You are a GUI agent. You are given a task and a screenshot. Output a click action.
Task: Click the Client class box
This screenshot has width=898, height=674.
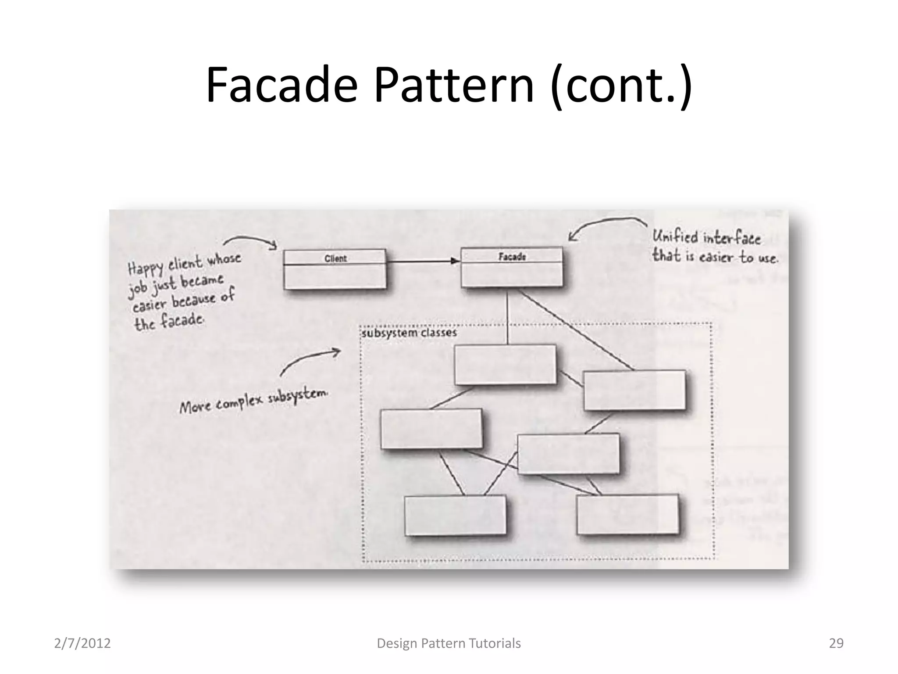tap(335, 269)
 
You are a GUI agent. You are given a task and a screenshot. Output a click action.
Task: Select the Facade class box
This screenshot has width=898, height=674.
tap(512, 267)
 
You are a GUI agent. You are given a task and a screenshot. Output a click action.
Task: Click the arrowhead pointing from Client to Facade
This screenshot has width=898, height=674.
tap(455, 261)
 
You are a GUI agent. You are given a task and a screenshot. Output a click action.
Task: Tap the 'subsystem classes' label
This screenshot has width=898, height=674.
tap(409, 333)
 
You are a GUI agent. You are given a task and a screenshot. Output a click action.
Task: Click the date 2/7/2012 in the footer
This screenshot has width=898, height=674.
tap(82, 643)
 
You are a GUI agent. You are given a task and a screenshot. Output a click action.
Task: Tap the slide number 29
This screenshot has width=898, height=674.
tap(836, 643)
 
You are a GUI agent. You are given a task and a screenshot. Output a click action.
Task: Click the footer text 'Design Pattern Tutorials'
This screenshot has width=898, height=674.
tap(449, 643)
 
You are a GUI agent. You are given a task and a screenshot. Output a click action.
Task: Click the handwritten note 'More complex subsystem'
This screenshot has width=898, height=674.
tap(253, 401)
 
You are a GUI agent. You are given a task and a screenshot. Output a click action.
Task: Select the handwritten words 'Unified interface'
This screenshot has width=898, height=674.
tap(706, 238)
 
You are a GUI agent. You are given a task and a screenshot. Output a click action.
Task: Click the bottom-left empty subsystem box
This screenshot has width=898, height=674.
tap(455, 516)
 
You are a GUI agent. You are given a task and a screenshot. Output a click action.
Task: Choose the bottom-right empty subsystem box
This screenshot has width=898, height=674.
tap(627, 514)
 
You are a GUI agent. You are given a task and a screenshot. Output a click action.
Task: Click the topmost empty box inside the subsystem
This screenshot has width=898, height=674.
tap(505, 365)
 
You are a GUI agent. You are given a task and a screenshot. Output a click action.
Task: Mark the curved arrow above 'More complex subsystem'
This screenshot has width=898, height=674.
tap(309, 361)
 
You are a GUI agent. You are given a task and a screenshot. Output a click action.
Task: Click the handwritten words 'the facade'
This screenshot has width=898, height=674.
tap(169, 322)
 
